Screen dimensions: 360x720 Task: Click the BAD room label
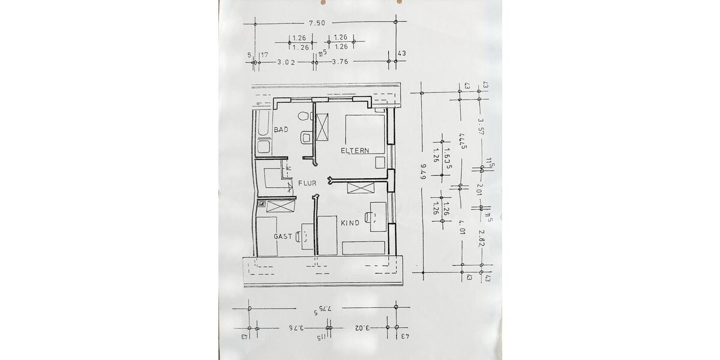pyautogui.click(x=281, y=130)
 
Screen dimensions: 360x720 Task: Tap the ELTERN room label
pyautogui.click(x=355, y=151)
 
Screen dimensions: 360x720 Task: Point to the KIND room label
pyautogui.click(x=350, y=223)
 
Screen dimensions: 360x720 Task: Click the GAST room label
pyautogui.click(x=283, y=236)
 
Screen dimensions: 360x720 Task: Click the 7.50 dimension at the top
pyautogui.click(x=317, y=23)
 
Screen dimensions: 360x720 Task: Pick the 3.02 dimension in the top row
pyautogui.click(x=286, y=62)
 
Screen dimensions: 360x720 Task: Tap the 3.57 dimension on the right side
pyautogui.click(x=480, y=128)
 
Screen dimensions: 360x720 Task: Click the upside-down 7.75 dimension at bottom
pyautogui.click(x=323, y=313)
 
